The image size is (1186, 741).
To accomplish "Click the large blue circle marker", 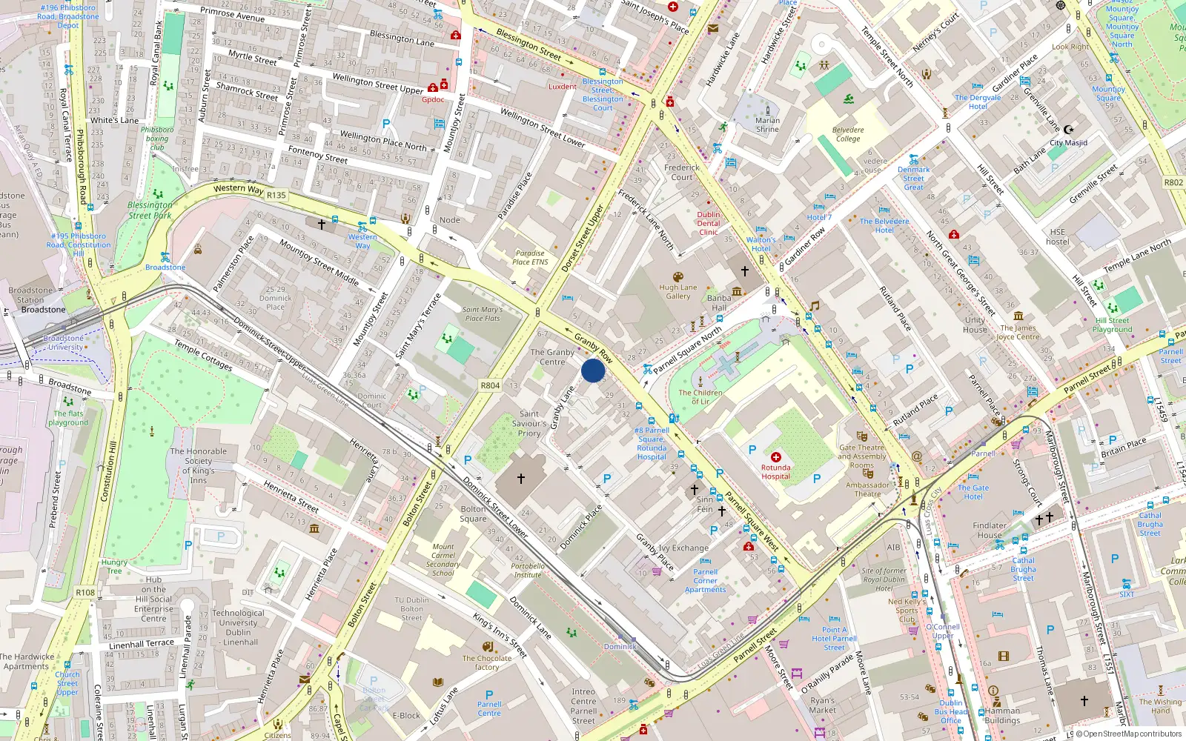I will (593, 370).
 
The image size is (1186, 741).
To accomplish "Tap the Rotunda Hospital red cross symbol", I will (776, 457).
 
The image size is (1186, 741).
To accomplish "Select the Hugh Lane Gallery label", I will (678, 292).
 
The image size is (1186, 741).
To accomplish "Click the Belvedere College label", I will (848, 134).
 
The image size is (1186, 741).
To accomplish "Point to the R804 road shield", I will (490, 385).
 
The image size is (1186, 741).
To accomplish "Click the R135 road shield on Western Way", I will (276, 196).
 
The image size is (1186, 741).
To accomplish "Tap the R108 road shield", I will (85, 592).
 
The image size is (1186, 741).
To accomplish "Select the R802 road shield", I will (1173, 182).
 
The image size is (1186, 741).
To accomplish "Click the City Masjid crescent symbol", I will (1068, 130).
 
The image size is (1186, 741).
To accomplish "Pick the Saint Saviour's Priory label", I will (529, 424).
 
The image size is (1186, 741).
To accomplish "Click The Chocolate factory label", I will (487, 662).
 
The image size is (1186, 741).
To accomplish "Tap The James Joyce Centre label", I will (1018, 332).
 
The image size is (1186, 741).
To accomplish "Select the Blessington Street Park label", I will (150, 210).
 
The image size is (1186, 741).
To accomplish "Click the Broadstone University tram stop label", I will (64, 342).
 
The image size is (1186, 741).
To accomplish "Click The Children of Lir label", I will (700, 397).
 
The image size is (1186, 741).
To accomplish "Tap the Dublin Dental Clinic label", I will (709, 223).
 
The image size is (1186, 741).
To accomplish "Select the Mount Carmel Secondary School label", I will (443, 559).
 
